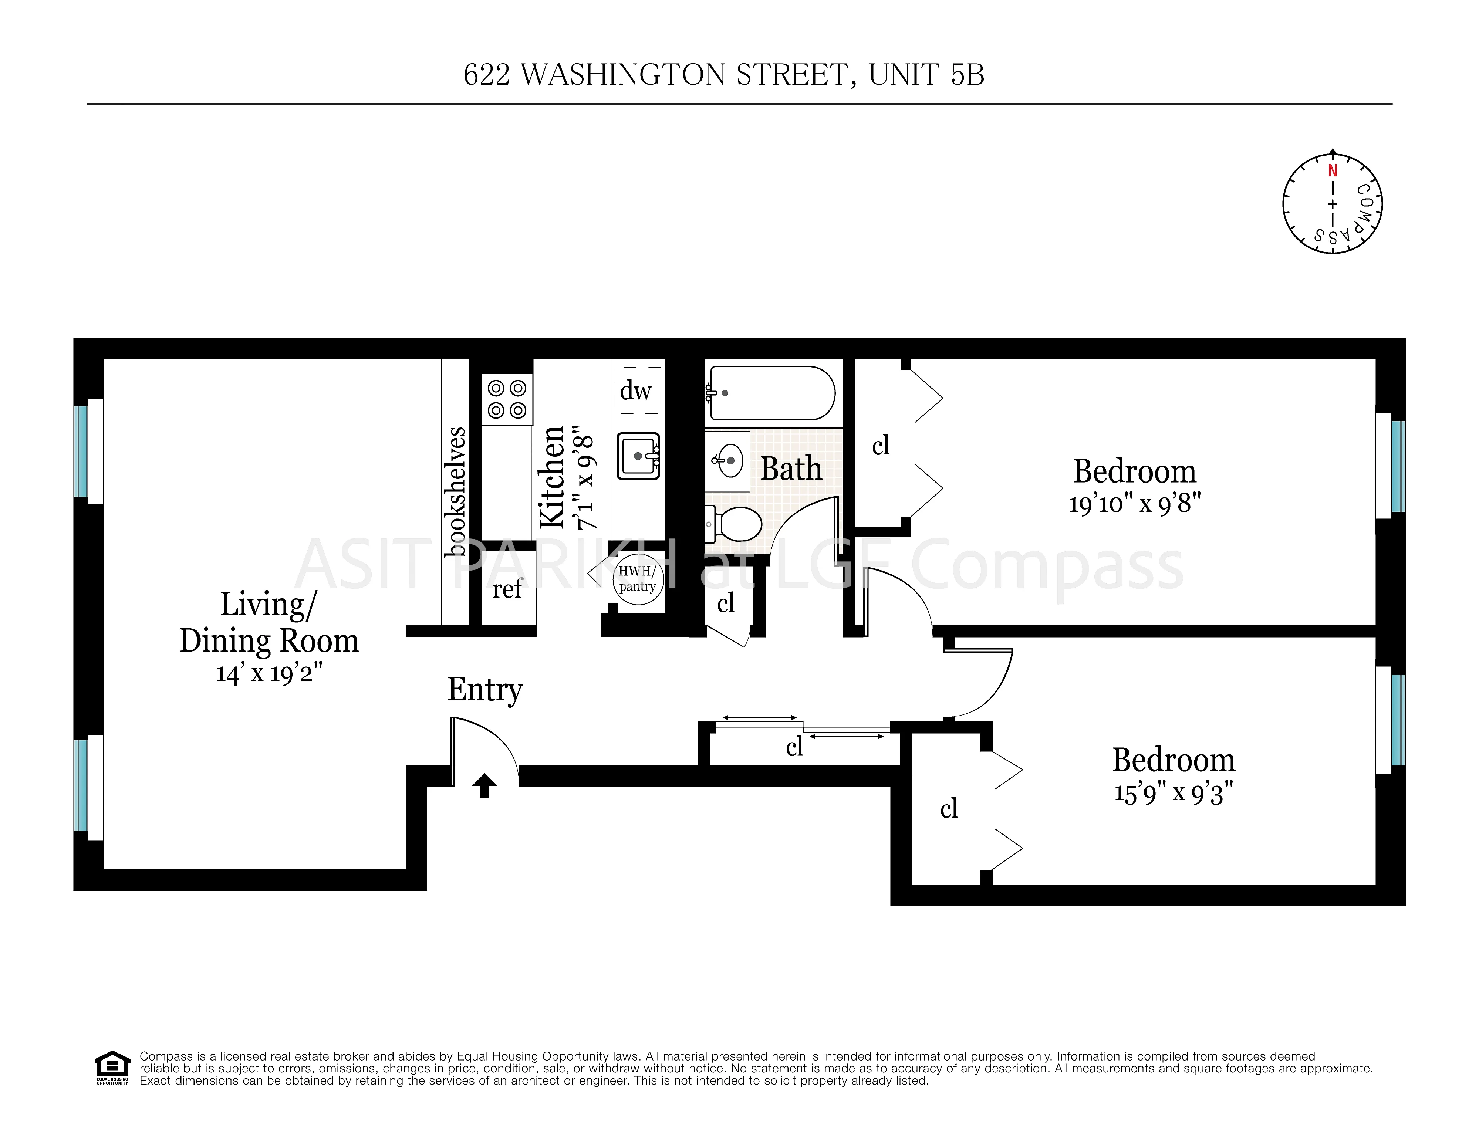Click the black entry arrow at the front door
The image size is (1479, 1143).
point(484,785)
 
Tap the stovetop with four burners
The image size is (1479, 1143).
point(507,399)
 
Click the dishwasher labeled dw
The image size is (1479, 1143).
point(636,391)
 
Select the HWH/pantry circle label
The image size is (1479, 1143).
point(637,579)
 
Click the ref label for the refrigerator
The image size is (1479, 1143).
point(507,588)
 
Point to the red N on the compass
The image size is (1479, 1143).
point(1332,170)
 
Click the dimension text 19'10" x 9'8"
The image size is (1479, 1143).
point(1134,504)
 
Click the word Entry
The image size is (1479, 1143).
point(485,690)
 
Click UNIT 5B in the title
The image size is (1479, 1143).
point(926,75)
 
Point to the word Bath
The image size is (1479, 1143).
point(791,469)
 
